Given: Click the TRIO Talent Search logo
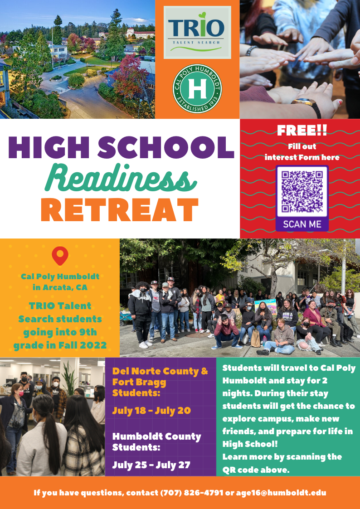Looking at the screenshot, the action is [x=197, y=33].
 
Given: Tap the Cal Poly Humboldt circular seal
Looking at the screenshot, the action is [x=197, y=89].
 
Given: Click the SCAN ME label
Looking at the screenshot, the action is [x=302, y=224].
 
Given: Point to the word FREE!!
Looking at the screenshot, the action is [x=302, y=131].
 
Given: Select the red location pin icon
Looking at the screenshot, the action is [x=60, y=256].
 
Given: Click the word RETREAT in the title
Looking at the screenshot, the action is [x=119, y=209].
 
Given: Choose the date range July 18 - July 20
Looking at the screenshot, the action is [x=151, y=411].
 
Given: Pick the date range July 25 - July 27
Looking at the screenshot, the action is [x=151, y=465].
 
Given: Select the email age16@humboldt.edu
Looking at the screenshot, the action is [x=281, y=493].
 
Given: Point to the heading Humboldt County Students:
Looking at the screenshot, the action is [x=157, y=441].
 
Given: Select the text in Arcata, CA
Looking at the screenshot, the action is [x=60, y=287].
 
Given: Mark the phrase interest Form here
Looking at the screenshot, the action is [x=302, y=157].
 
